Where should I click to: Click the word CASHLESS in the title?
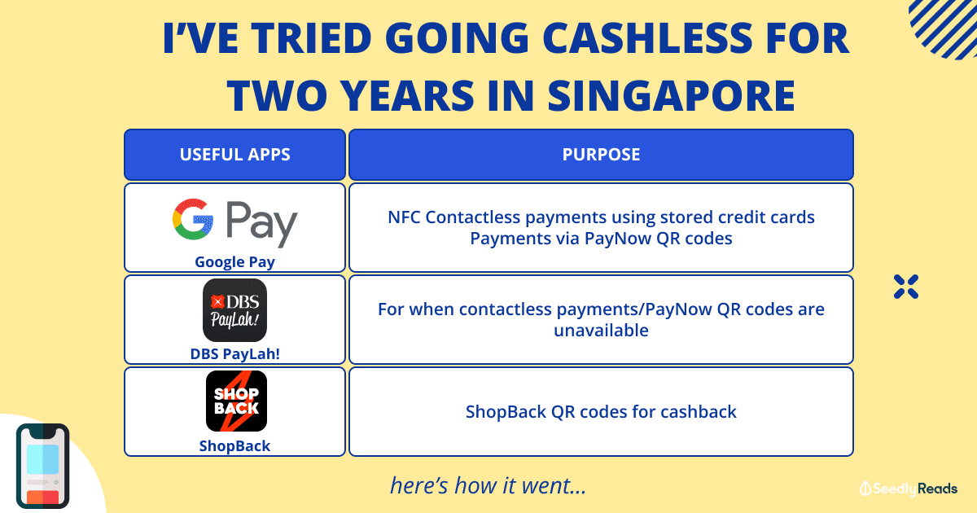(647, 38)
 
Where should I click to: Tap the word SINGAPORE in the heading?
(671, 95)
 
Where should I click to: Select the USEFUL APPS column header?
(234, 155)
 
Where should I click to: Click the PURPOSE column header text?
(601, 155)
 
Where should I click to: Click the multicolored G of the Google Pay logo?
(193, 219)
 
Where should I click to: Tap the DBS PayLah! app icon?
(234, 310)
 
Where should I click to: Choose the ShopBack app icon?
(236, 401)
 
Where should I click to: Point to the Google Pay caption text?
(234, 262)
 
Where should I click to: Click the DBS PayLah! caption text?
(234, 353)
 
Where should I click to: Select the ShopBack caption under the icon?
(234, 446)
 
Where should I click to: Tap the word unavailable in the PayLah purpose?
(601, 331)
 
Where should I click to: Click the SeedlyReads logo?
(908, 489)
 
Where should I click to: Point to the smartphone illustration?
(42, 466)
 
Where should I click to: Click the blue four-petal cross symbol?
(906, 287)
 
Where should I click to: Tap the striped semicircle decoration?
(944, 28)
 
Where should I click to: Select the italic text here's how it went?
(488, 485)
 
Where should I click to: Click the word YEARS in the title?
(406, 95)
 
